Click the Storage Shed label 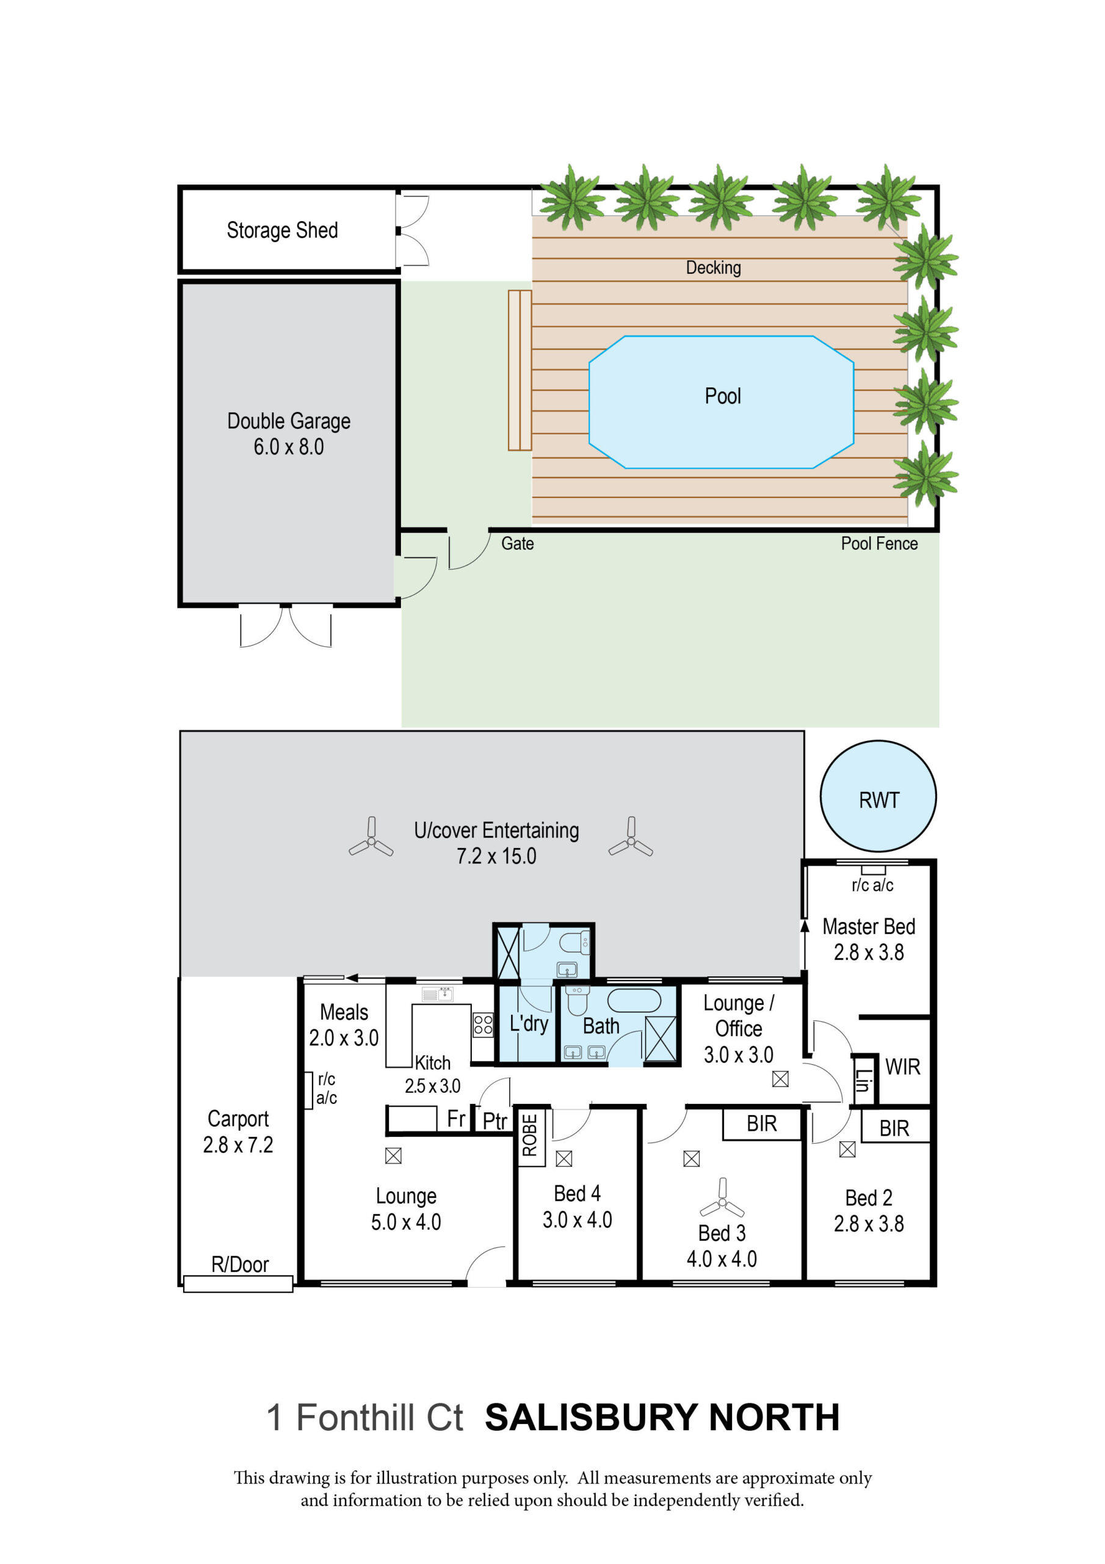tap(282, 230)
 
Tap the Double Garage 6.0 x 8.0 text tap(289, 433)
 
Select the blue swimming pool tap(721, 402)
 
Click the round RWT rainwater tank tap(878, 795)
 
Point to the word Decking tap(713, 268)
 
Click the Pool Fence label tap(879, 544)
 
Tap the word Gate tap(518, 544)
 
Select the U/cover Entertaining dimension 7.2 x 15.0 tap(496, 857)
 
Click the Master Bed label tap(869, 926)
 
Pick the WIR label tap(902, 1067)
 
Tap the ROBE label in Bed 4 tap(530, 1135)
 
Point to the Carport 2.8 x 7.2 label tap(237, 1131)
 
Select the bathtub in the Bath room tap(634, 1001)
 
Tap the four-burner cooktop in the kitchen tap(483, 1025)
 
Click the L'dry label tap(529, 1024)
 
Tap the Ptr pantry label tap(495, 1121)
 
